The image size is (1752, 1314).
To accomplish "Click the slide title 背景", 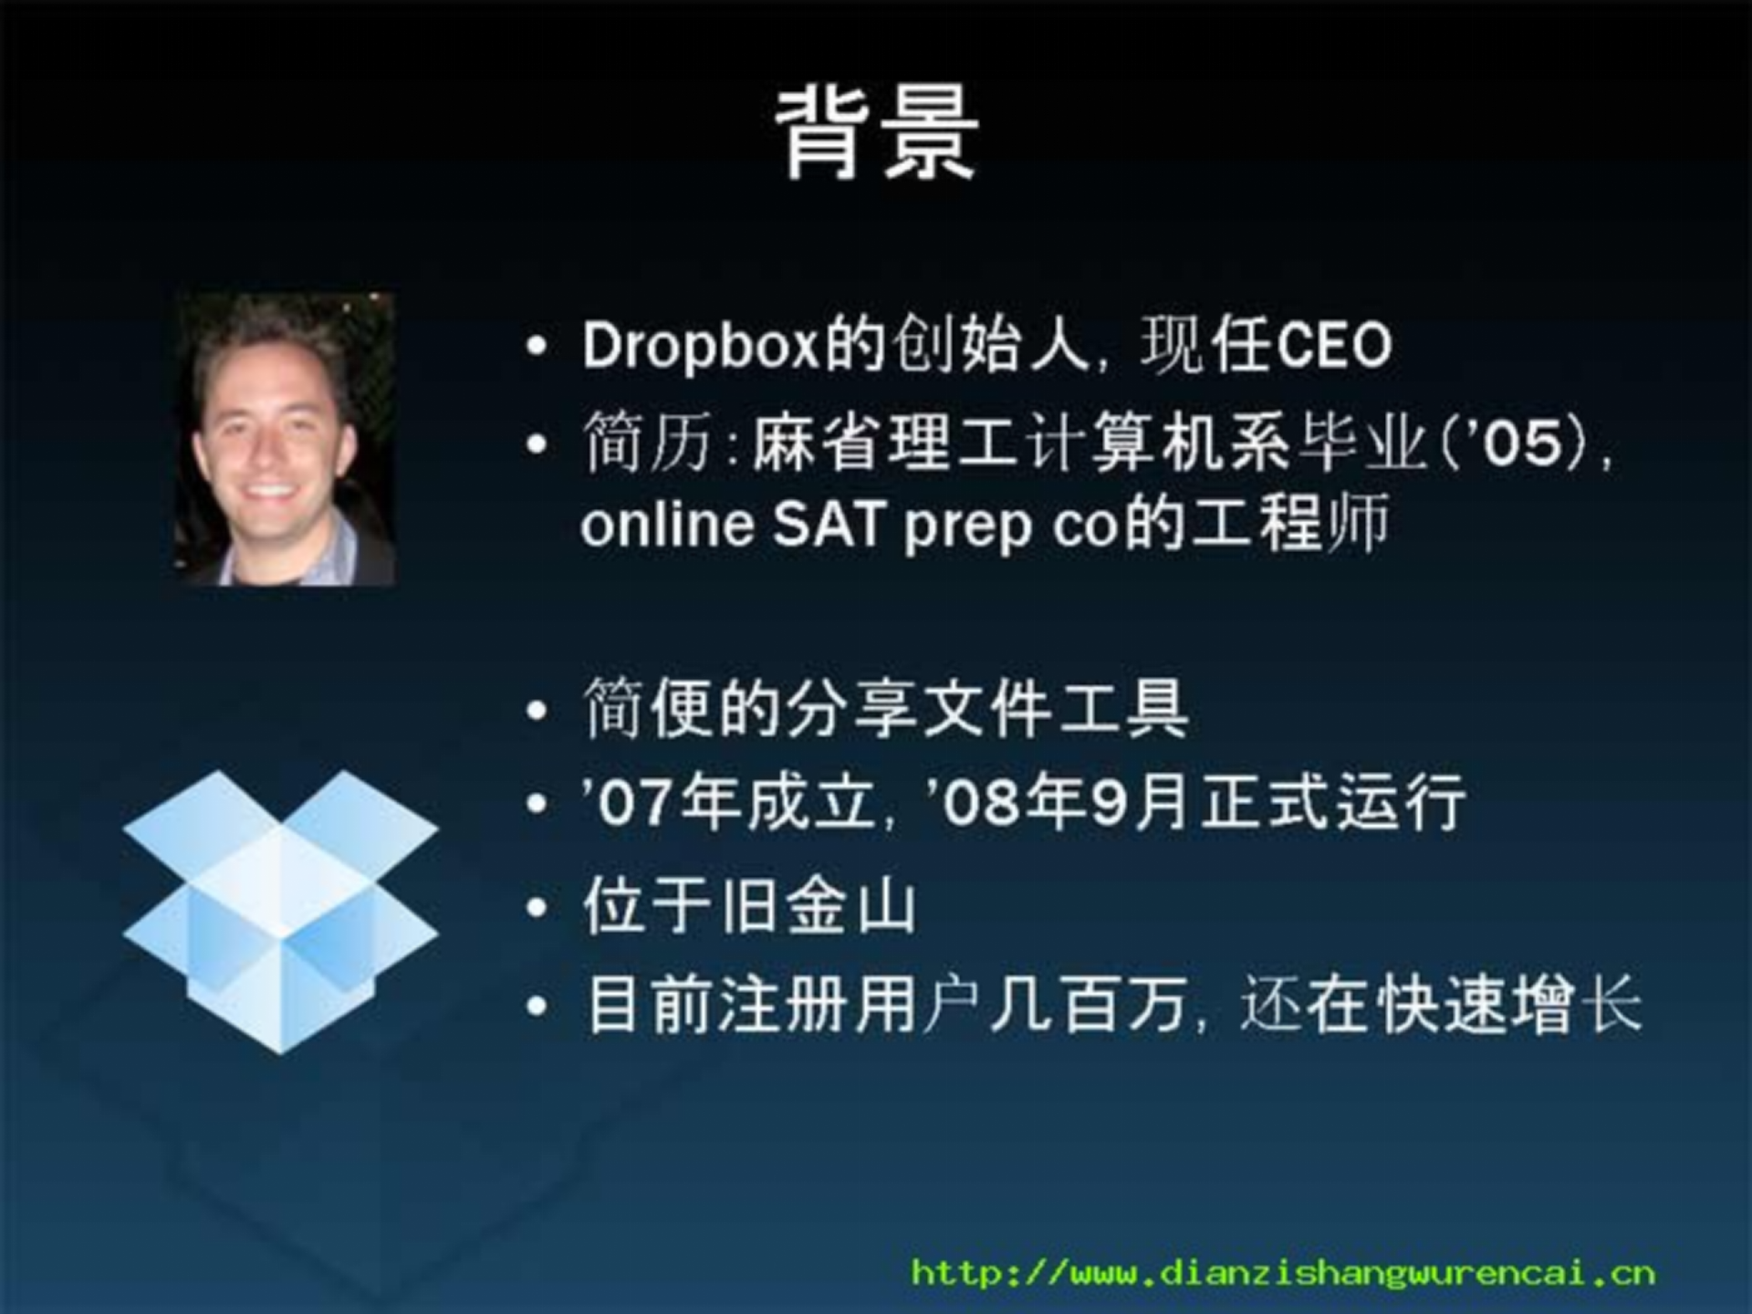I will click(x=877, y=134).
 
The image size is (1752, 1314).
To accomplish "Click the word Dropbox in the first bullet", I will click(x=700, y=347).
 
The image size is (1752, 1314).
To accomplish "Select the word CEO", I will click(x=1333, y=347).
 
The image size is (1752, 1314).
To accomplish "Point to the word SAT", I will click(x=829, y=526).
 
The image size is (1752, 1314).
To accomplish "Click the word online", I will click(x=667, y=526).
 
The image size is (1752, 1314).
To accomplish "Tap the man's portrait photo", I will click(x=284, y=439).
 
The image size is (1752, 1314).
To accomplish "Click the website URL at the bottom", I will click(x=1283, y=1272).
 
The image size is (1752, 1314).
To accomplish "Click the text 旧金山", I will click(x=818, y=907).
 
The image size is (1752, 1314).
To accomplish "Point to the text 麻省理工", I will click(x=884, y=444).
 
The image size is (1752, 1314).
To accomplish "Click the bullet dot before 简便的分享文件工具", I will click(x=537, y=710).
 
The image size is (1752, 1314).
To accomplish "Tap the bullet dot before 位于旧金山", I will click(x=537, y=907).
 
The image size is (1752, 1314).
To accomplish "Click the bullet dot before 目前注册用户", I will click(x=537, y=1006).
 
